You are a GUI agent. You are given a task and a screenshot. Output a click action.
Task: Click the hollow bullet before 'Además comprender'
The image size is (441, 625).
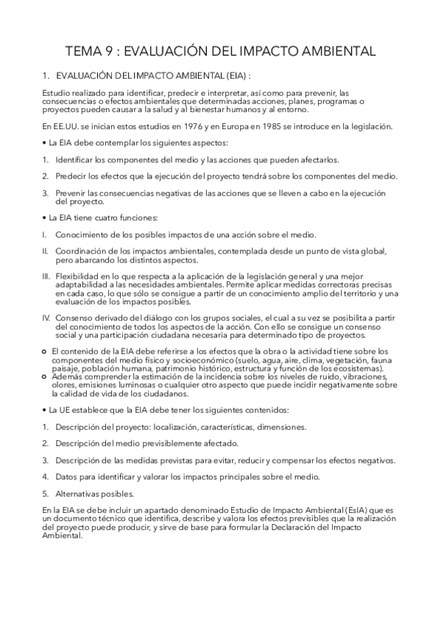coord(46,375)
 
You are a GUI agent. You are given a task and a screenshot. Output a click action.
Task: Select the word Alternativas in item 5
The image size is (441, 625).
coord(80,492)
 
